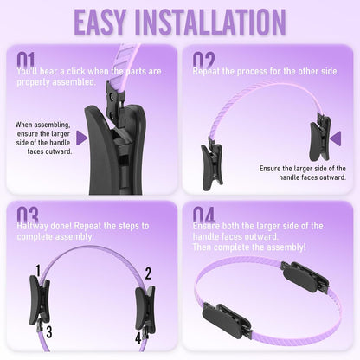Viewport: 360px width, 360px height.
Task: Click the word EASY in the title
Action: coord(100,22)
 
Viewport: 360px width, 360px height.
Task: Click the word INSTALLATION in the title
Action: coord(210,22)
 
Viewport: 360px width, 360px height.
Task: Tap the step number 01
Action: coord(25,61)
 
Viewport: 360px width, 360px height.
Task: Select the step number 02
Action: coord(203,61)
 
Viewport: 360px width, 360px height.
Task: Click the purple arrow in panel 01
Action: coord(82,138)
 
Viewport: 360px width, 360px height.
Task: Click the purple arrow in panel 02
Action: coord(336,138)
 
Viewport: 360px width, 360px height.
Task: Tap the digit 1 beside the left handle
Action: coord(38,271)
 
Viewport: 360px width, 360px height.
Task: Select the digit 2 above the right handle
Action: coord(148,273)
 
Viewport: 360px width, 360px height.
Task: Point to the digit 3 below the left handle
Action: coord(49,332)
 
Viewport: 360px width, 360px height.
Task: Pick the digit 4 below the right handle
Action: coord(138,338)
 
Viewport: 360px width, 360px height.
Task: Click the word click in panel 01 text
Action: coord(77,71)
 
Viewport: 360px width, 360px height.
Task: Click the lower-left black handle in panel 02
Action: coord(212,164)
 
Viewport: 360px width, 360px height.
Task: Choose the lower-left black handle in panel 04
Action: coord(227,320)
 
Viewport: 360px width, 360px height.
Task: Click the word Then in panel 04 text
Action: coord(202,247)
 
